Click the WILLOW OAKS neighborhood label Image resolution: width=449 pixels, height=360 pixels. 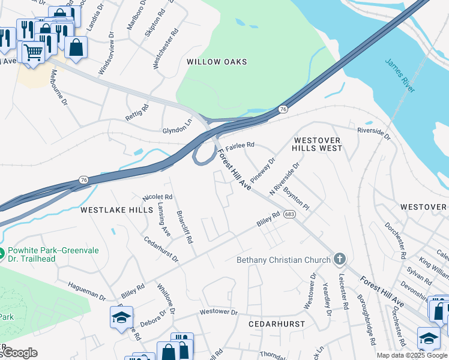(x=217, y=62)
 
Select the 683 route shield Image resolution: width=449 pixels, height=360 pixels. (x=290, y=214)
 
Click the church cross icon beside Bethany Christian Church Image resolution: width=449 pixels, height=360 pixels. (x=340, y=259)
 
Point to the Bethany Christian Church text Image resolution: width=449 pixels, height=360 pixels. (x=283, y=260)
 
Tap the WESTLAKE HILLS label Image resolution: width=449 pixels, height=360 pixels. (x=116, y=210)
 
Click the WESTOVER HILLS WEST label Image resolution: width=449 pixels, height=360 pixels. (x=317, y=144)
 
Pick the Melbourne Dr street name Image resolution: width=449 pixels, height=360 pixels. (x=58, y=87)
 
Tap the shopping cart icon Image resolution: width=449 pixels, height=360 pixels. (x=34, y=52)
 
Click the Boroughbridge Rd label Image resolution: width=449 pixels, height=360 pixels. (x=366, y=319)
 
